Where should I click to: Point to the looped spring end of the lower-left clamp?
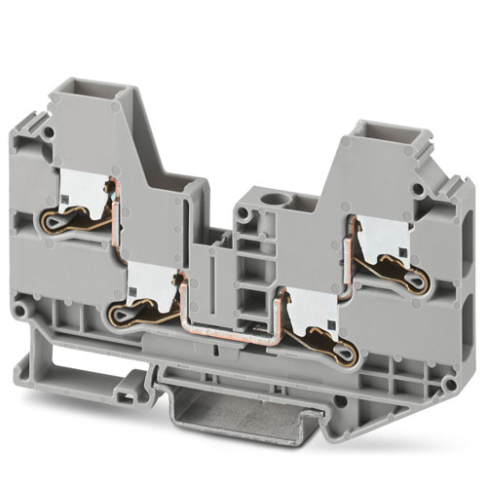point(125,314)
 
